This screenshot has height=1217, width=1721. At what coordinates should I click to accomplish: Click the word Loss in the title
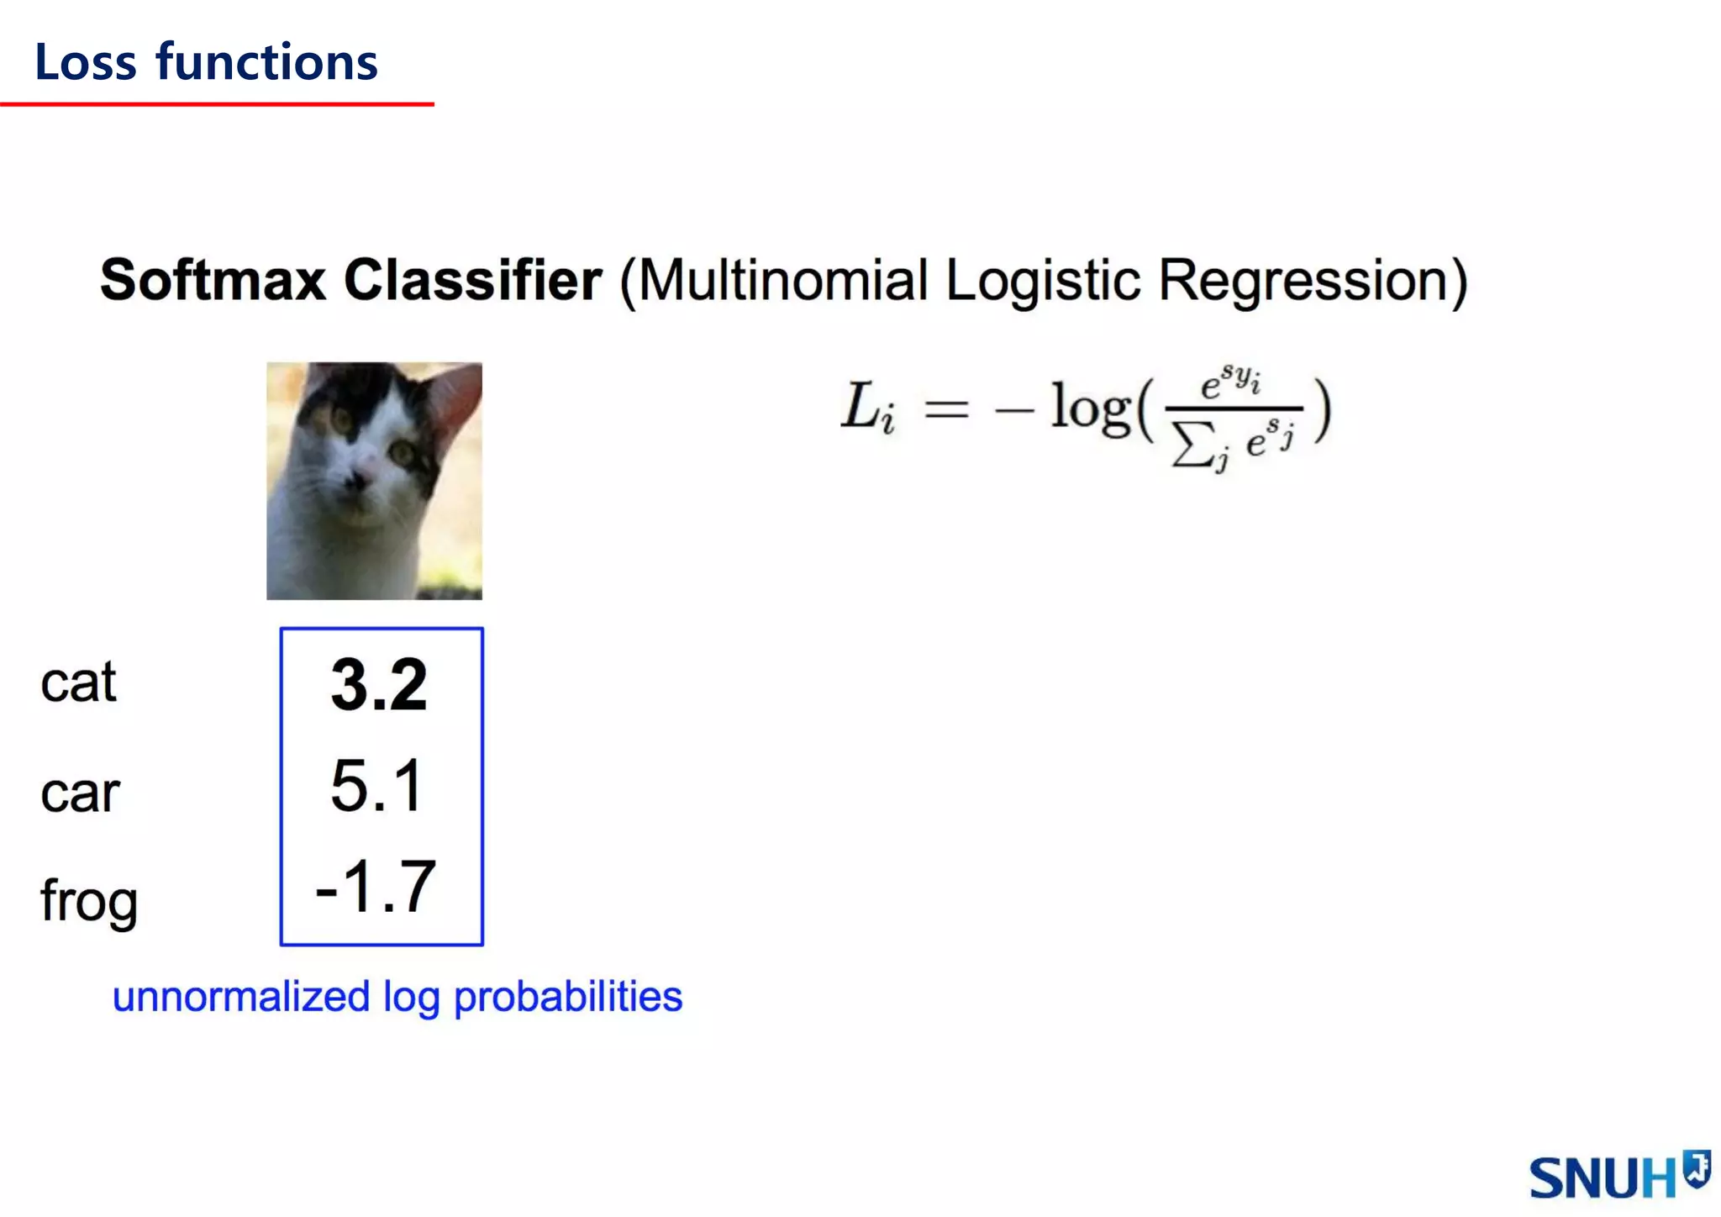click(85, 63)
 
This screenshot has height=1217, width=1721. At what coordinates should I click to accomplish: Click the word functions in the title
click(267, 63)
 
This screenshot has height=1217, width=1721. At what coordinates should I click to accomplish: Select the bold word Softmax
click(213, 280)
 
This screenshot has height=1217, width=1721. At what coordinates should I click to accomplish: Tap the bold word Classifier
click(472, 280)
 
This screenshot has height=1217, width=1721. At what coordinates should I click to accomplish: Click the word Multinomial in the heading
click(782, 280)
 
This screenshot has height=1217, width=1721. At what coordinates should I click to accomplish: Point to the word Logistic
click(1043, 280)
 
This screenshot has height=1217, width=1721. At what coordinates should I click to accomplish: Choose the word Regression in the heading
click(1303, 280)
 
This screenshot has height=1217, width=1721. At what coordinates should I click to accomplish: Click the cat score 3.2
click(379, 685)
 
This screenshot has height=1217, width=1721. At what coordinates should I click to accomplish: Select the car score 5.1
click(376, 786)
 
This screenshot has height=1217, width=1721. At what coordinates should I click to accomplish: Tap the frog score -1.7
click(376, 887)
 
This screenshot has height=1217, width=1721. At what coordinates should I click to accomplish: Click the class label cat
click(78, 682)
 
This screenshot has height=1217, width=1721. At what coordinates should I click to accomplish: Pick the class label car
click(80, 793)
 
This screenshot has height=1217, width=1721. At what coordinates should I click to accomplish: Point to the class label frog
click(88, 901)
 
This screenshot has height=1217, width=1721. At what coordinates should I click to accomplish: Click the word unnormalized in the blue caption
click(241, 998)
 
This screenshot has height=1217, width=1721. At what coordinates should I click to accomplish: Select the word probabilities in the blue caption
click(568, 998)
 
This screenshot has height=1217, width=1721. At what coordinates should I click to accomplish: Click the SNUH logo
click(1618, 1175)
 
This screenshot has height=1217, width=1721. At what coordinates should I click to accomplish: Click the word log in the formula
click(1090, 409)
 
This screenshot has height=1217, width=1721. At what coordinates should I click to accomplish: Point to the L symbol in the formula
click(860, 407)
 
